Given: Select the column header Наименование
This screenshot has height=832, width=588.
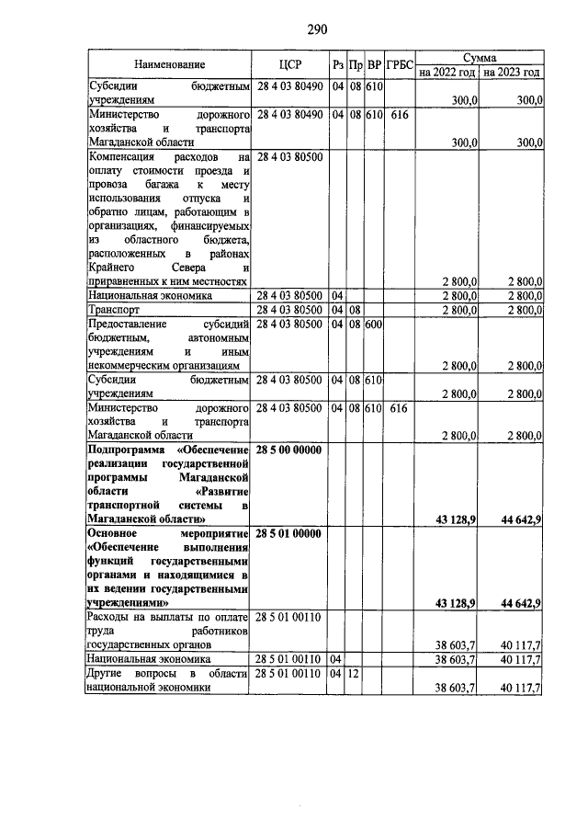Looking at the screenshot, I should [x=169, y=64].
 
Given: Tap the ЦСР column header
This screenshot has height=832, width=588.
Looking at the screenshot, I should [x=289, y=64].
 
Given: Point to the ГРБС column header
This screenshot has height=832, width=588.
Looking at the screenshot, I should [x=399, y=64].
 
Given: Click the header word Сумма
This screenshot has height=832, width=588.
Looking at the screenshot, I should [x=480, y=57].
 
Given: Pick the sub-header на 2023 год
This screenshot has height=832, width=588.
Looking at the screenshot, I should [x=512, y=72].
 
